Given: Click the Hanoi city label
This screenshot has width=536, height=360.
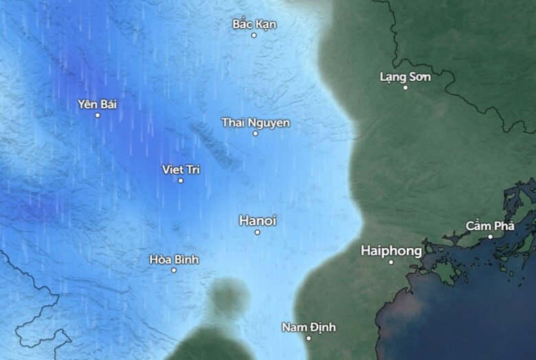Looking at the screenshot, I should coord(258,221).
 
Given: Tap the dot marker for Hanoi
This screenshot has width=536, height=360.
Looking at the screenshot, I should coord(258,232).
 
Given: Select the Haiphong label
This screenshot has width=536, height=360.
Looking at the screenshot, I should coord(391,251).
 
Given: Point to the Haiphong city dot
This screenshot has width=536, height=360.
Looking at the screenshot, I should coord(391,262).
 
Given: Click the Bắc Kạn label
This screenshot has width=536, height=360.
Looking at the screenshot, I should coord(254,24).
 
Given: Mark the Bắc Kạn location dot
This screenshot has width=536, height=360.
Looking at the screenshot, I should coord(254,35).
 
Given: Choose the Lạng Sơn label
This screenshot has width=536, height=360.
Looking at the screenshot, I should coord(405,76).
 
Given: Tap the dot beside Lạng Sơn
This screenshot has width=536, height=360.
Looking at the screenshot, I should coord(405,87).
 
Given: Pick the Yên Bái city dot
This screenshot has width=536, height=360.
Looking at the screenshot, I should coord(98,115).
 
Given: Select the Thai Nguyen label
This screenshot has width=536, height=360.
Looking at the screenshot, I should coord(256,122).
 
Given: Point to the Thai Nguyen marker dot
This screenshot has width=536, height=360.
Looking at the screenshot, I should coord(255,133).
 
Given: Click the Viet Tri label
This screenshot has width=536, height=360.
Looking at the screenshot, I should coord(181,169).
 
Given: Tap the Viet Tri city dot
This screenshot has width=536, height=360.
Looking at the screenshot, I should coord(181,181).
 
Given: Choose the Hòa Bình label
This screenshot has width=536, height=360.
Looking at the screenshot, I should coord(174,259).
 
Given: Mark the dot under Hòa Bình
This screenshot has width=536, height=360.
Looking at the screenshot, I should coord(174,270).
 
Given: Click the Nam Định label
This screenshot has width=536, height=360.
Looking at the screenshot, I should coord(309,327).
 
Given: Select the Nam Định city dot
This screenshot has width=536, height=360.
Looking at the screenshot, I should coord(309,338).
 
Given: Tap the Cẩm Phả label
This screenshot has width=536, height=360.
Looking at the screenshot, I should coord(490,225).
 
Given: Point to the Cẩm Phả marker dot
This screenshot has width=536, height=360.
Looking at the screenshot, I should coord(490,236).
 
